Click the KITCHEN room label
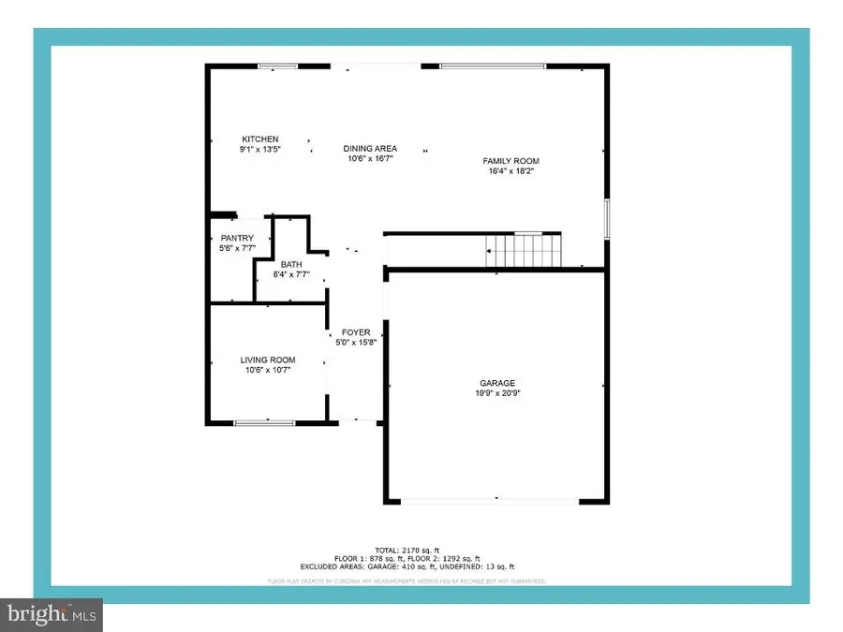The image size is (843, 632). click(x=260, y=140)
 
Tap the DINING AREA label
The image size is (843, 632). click(x=370, y=148)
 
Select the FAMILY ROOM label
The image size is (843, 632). click(x=511, y=161)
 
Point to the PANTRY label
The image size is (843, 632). click(x=237, y=238)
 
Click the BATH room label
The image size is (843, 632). click(x=290, y=265)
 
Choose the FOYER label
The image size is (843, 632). click(x=356, y=332)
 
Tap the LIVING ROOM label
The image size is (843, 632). click(x=268, y=360)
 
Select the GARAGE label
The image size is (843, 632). click(x=498, y=383)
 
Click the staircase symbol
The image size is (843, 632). click(x=522, y=251)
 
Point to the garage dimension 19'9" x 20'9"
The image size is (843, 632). click(x=498, y=393)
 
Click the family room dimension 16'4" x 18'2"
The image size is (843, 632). click(x=511, y=171)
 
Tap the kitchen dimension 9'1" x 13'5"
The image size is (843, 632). click(x=260, y=149)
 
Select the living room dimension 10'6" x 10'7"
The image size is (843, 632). click(x=268, y=370)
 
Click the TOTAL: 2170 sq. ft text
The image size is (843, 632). click(x=407, y=551)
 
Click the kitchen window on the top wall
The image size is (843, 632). click(x=278, y=66)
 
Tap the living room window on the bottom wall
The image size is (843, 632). click(x=264, y=423)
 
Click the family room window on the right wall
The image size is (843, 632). click(x=607, y=219)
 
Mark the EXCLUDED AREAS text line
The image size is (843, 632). click(x=407, y=567)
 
